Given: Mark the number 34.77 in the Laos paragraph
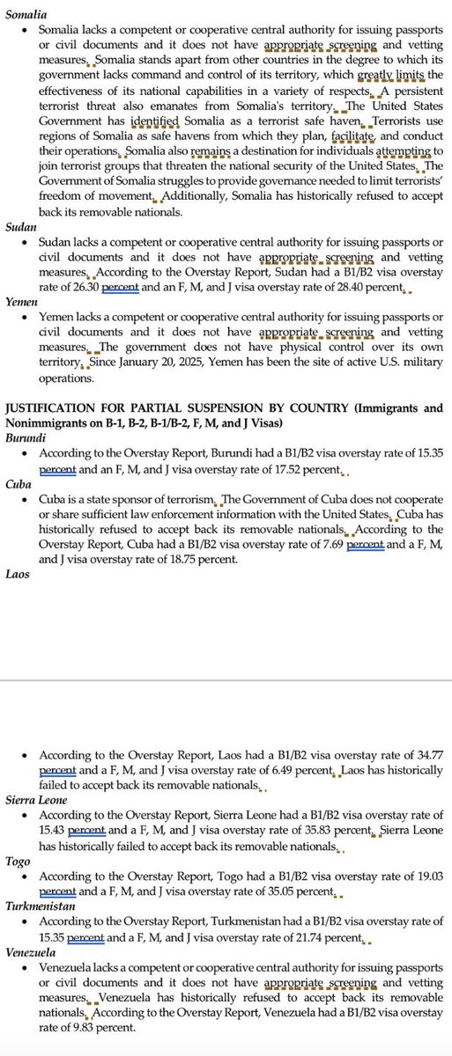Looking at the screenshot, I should click(426, 755).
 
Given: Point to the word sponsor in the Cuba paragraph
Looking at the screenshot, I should click(126, 498).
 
